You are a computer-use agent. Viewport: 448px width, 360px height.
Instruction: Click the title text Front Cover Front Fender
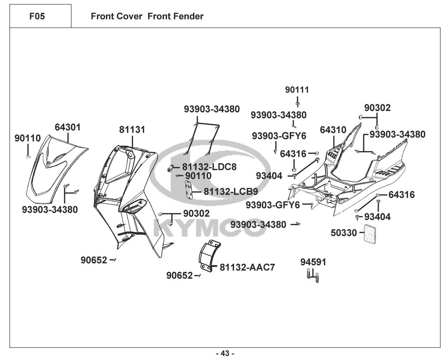[x=147, y=16]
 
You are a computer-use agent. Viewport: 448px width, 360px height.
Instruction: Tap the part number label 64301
[x=68, y=127]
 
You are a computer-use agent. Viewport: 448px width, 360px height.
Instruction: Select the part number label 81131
[x=132, y=130]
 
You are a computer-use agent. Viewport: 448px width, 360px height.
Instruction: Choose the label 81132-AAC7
[x=247, y=267]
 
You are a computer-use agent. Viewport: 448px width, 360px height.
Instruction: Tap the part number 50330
[x=344, y=233]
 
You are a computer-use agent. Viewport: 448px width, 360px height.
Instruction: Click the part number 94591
[x=313, y=262]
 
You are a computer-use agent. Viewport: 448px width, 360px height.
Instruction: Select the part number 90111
[x=297, y=90]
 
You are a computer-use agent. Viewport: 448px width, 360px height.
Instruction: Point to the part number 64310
[x=333, y=130]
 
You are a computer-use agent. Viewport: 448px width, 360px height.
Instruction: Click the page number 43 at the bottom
[x=225, y=353]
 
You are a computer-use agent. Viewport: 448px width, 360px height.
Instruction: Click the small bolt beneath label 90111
[x=298, y=104]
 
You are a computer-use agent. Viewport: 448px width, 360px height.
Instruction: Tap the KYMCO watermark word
[x=209, y=228]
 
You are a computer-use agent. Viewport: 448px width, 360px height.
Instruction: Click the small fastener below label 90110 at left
[x=28, y=156]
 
